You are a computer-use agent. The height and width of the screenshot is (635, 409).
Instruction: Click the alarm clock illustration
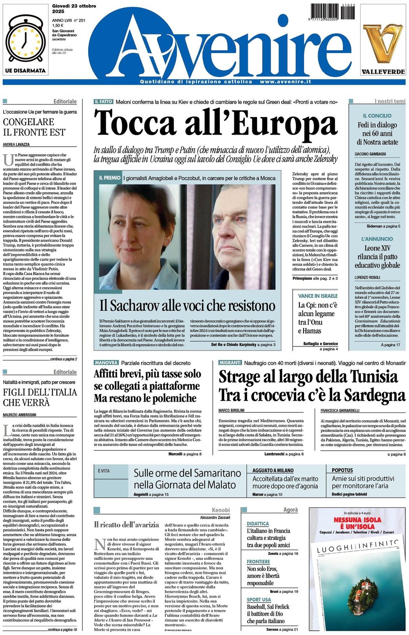pos(25,40)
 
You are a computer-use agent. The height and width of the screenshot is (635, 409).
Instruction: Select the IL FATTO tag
pos(103,102)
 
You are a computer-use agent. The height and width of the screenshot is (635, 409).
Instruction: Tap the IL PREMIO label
pos(109,178)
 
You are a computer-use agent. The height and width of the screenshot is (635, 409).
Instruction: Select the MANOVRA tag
pos(106,363)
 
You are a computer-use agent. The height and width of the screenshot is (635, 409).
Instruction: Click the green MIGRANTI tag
pos(230,363)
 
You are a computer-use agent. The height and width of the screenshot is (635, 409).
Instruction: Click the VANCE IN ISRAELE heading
pos(317,296)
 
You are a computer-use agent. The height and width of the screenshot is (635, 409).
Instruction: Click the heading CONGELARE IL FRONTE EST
pos(34,127)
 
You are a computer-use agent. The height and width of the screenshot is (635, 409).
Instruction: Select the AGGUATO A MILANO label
pos(273,470)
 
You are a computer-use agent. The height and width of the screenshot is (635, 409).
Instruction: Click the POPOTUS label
pos(342,470)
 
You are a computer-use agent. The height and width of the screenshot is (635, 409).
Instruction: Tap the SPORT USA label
pos(259,599)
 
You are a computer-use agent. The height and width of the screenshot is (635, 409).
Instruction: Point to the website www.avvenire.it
pos(285,82)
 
